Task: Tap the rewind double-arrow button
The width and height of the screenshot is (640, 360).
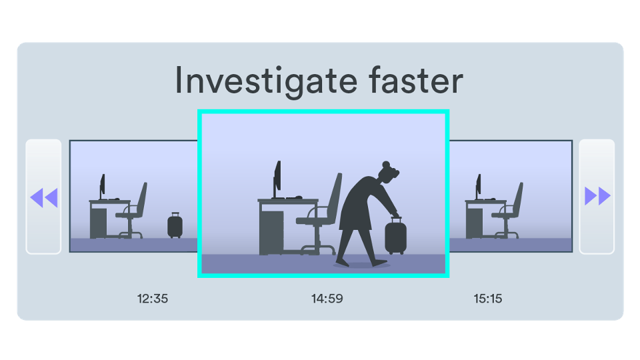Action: click(x=44, y=197)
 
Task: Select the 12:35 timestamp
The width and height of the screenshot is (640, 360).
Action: click(x=153, y=299)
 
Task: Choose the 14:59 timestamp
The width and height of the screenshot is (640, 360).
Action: click(x=327, y=299)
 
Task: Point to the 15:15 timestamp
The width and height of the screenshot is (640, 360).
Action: click(x=488, y=299)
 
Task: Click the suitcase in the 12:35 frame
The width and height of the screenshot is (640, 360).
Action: click(x=175, y=226)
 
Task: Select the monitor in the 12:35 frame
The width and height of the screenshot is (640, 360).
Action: click(x=103, y=186)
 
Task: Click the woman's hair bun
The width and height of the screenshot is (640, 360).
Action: click(x=387, y=164)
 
